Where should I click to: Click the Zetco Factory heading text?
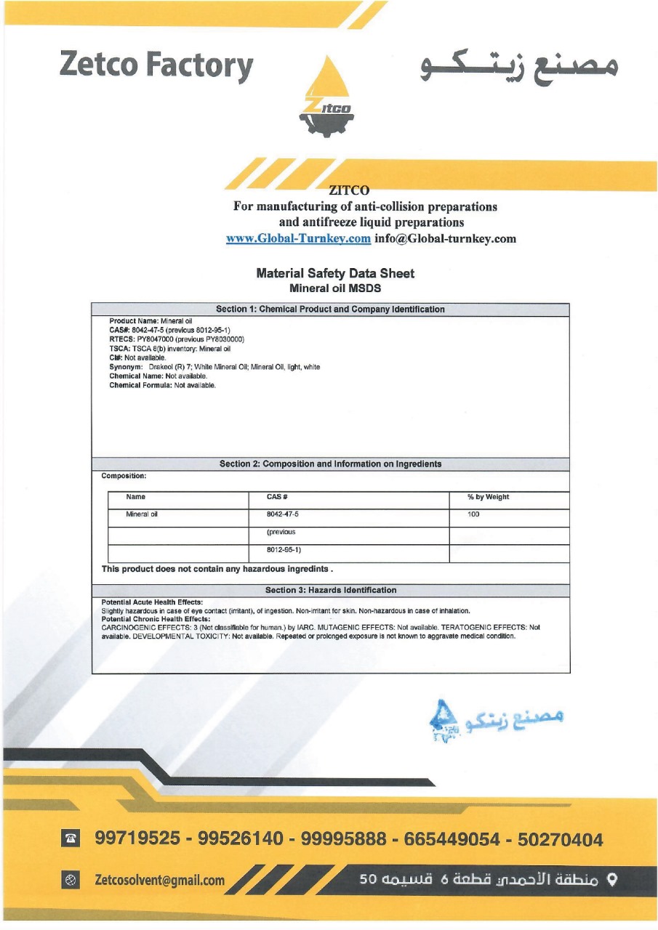click(x=156, y=65)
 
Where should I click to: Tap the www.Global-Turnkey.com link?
click(x=298, y=238)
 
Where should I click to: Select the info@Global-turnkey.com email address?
click(x=445, y=238)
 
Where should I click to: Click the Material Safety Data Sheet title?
click(x=335, y=273)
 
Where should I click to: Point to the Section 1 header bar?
click(x=330, y=310)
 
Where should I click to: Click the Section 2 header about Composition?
click(x=330, y=464)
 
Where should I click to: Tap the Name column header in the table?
click(x=136, y=497)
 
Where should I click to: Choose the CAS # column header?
click(x=278, y=497)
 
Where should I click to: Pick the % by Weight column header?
click(x=488, y=497)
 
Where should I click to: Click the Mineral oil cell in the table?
click(x=142, y=514)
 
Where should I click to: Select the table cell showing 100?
click(x=474, y=514)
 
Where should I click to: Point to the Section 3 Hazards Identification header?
click(x=331, y=590)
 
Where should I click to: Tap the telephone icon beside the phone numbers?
click(x=71, y=839)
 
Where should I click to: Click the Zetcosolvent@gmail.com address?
click(x=160, y=880)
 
